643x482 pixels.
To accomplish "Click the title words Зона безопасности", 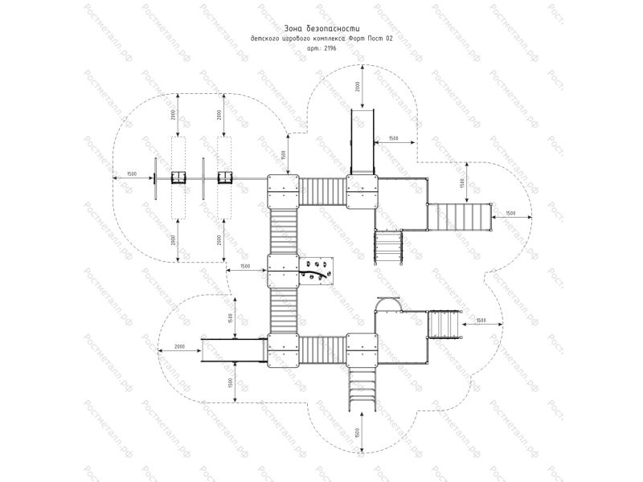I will click(x=321, y=27).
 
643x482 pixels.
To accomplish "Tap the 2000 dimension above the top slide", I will click(x=356, y=86).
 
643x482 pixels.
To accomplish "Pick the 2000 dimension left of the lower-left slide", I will click(x=174, y=347).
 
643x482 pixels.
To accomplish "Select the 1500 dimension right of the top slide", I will click(x=393, y=138).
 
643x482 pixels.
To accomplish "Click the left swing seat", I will click(x=178, y=176).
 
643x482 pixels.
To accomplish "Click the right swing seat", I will click(x=224, y=176).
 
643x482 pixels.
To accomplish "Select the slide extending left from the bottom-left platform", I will click(x=234, y=351).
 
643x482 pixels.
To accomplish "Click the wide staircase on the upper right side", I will click(x=459, y=217).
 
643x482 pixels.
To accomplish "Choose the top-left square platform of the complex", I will click(x=282, y=190).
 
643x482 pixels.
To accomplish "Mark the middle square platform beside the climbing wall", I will click(x=282, y=271).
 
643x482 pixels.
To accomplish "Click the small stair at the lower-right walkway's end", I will click(x=445, y=324).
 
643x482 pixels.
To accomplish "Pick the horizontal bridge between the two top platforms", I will click(x=322, y=190).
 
